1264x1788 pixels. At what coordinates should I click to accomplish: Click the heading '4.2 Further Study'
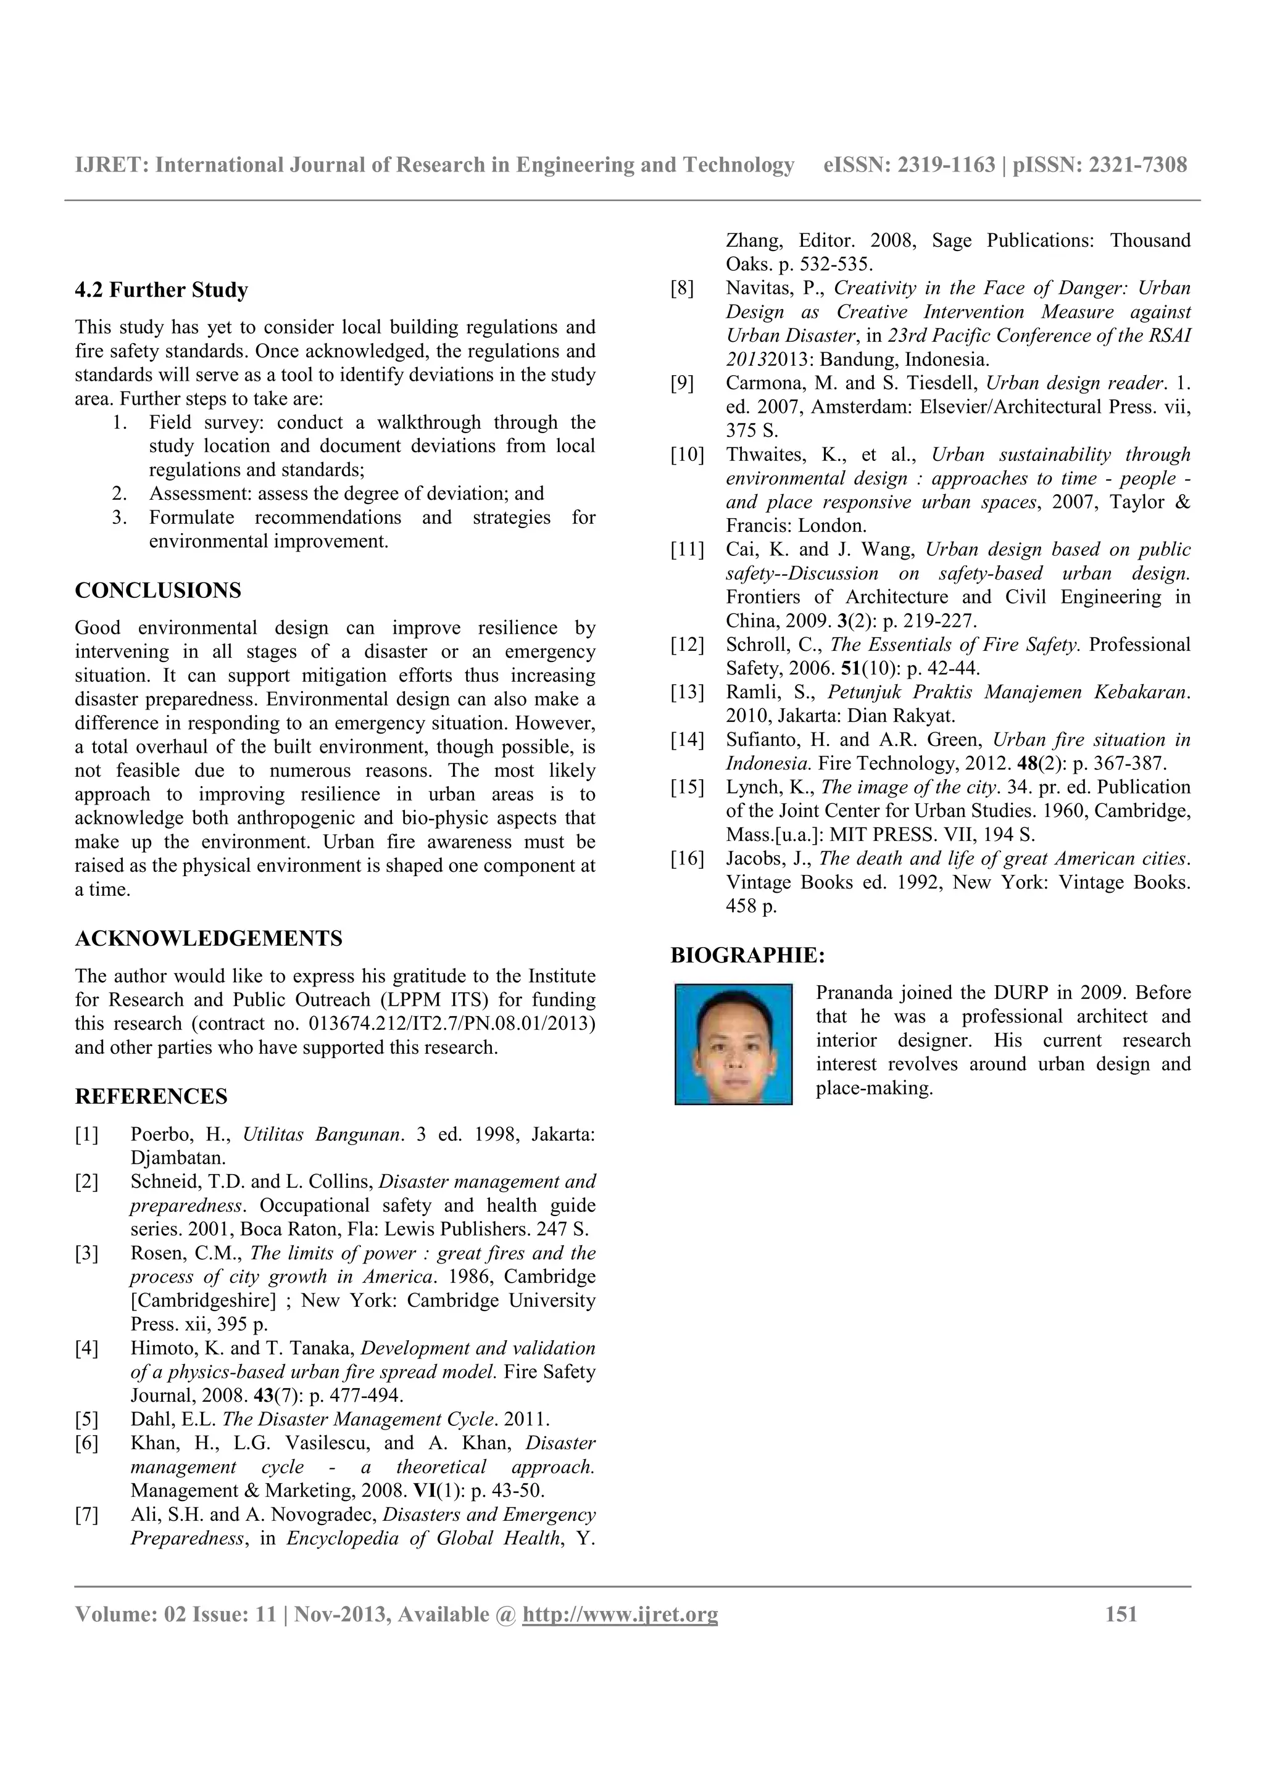click(x=161, y=291)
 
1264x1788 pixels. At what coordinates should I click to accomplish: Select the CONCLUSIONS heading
click(x=158, y=590)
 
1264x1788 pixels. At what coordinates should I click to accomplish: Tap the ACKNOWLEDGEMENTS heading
click(x=208, y=938)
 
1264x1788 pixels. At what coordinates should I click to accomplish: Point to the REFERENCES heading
click(x=151, y=1096)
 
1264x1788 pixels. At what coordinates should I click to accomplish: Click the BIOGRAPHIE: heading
click(x=747, y=954)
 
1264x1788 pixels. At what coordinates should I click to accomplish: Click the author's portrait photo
click(x=733, y=1045)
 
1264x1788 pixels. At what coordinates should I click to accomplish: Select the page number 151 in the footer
click(x=1121, y=1615)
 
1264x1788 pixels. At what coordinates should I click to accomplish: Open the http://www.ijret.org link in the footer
click(x=620, y=1615)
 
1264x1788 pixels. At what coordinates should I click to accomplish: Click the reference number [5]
click(x=86, y=1419)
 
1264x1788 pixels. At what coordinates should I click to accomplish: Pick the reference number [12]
click(x=687, y=645)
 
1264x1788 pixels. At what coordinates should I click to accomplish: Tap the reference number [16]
click(x=687, y=859)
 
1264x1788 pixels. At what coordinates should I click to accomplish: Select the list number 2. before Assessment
click(x=119, y=494)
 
